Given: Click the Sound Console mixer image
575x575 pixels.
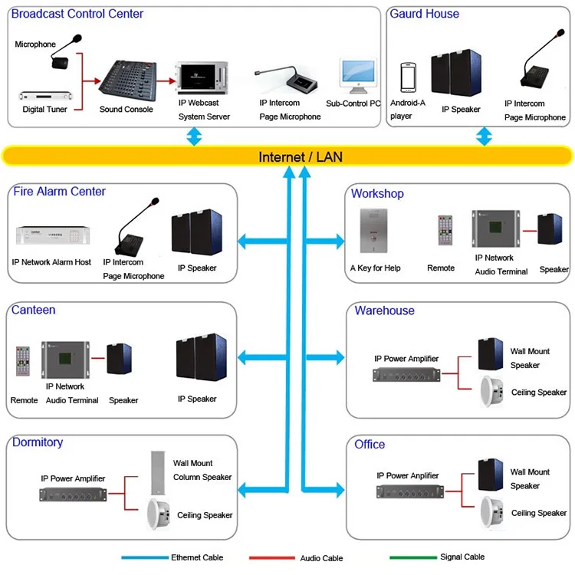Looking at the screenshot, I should [x=127, y=78].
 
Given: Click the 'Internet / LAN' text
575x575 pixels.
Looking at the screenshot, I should [x=301, y=157].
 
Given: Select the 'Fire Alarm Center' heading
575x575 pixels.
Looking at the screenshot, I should [x=59, y=192].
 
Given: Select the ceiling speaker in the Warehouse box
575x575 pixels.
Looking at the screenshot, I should [x=491, y=392].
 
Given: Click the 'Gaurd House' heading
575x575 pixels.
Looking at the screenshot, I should [x=425, y=14].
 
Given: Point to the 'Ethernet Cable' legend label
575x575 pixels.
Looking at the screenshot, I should [x=197, y=557].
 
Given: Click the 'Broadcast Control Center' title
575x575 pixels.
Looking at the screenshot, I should [x=77, y=14].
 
